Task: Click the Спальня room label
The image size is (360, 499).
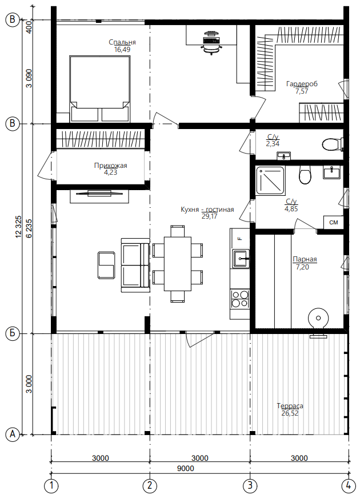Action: pyautogui.click(x=122, y=42)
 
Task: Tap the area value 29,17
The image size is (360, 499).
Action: pyautogui.click(x=210, y=217)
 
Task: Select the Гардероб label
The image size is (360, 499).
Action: pyautogui.click(x=302, y=84)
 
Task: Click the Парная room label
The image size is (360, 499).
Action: pyautogui.click(x=305, y=259)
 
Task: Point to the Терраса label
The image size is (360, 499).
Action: pyautogui.click(x=290, y=406)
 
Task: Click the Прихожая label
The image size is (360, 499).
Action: pyautogui.click(x=110, y=166)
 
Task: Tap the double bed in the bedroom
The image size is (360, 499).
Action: pyautogui.click(x=100, y=88)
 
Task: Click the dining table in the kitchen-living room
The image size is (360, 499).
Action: pyautogui.click(x=178, y=264)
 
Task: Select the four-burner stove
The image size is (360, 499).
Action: pyautogui.click(x=240, y=299)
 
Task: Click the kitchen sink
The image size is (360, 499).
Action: pyautogui.click(x=241, y=259)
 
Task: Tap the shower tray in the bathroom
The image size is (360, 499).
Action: pyautogui.click(x=270, y=180)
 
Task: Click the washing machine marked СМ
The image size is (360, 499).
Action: pyautogui.click(x=334, y=222)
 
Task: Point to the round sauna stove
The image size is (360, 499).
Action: pyautogui.click(x=318, y=318)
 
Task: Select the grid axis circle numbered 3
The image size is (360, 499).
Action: pyautogui.click(x=250, y=486)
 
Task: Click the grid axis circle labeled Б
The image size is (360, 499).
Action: pyautogui.click(x=13, y=333)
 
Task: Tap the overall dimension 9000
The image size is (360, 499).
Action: pyautogui.click(x=185, y=468)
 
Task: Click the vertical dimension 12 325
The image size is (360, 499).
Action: pyautogui.click(x=18, y=227)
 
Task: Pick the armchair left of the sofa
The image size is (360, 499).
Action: pyautogui.click(x=106, y=265)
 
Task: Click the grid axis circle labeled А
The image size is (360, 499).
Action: pyautogui.click(x=13, y=434)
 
